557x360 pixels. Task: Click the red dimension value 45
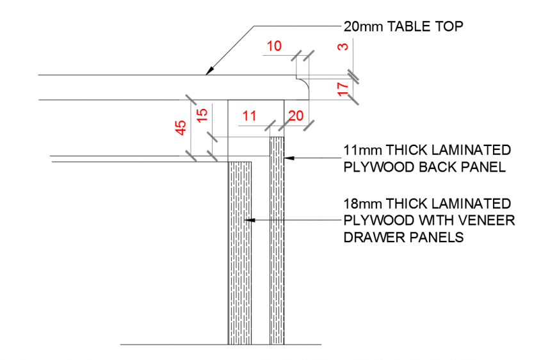tap(181, 127)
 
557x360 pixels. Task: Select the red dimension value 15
tap(201, 116)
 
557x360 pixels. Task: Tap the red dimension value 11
tap(249, 116)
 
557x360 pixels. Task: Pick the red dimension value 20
tap(296, 116)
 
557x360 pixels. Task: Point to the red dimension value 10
tap(273, 46)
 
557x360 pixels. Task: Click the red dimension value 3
tap(343, 47)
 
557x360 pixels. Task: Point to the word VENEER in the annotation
tap(487, 221)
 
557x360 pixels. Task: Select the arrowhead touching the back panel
tap(289, 157)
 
